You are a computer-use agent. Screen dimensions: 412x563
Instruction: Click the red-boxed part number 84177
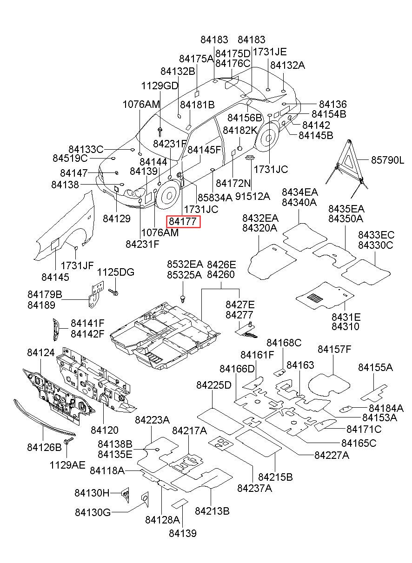point(183,222)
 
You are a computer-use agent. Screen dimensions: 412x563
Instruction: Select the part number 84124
point(41,352)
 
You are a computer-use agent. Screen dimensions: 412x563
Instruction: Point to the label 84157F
point(334,349)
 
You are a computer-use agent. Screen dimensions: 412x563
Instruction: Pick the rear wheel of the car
point(267,138)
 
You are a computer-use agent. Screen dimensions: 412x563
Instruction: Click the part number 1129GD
point(159,86)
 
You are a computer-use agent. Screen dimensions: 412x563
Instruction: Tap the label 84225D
point(213,392)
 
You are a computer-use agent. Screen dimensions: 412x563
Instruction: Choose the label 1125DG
point(116,272)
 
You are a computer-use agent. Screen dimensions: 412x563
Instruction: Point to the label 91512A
point(253,196)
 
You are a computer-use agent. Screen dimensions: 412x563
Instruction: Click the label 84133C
point(86,150)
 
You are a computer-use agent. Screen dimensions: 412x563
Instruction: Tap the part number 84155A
point(375,367)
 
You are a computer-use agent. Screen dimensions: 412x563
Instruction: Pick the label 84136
point(333,104)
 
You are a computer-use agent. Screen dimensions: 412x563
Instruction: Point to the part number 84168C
point(284,343)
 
